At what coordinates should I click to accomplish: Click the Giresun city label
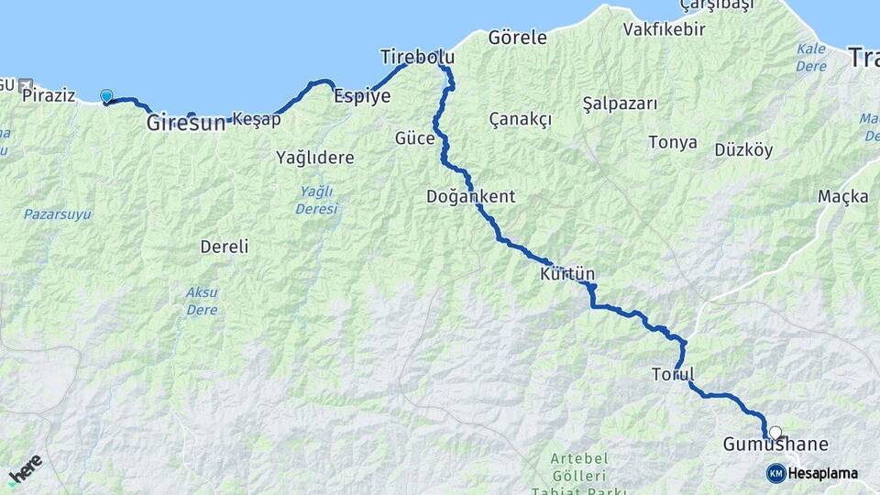click(185, 122)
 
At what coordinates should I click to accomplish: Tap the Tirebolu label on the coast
click(417, 58)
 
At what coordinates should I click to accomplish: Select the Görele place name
click(517, 38)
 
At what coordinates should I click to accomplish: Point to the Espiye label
click(362, 95)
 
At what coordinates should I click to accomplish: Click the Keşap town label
click(257, 119)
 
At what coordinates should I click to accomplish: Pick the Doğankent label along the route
click(470, 196)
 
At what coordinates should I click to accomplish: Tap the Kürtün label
click(567, 273)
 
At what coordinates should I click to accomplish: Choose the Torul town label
click(673, 374)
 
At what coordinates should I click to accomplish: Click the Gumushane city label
click(775, 445)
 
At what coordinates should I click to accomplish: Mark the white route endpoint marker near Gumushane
click(775, 433)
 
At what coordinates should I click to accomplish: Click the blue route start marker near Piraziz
click(106, 96)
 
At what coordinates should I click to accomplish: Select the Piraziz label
click(48, 94)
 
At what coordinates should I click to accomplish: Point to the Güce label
click(413, 137)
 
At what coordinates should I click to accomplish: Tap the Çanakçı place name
click(520, 119)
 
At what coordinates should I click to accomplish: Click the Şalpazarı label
click(620, 104)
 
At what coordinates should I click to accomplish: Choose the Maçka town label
click(842, 196)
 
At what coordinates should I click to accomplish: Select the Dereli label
click(225, 247)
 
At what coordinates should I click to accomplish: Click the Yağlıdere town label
click(314, 158)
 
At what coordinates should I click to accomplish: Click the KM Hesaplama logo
click(812, 473)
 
